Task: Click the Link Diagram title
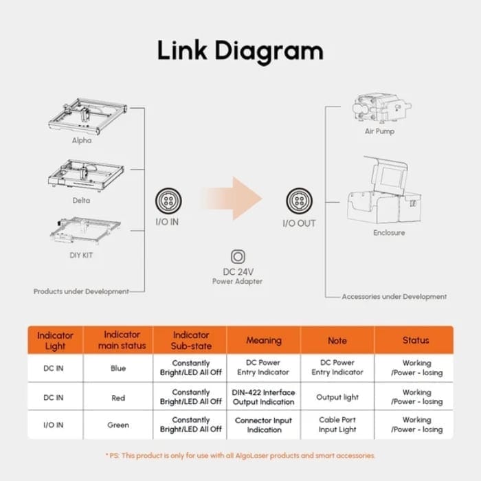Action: (x=240, y=51)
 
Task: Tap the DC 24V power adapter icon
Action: (x=238, y=257)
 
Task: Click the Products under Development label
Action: (x=81, y=291)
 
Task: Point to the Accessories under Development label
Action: (x=394, y=297)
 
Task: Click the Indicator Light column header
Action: (x=55, y=340)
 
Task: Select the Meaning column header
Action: (x=264, y=340)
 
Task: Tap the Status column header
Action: (x=416, y=340)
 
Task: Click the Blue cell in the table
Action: (x=118, y=368)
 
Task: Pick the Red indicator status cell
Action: (x=118, y=397)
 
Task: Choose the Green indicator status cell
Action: (x=118, y=425)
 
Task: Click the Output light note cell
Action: (x=337, y=397)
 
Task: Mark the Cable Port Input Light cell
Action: (x=337, y=425)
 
